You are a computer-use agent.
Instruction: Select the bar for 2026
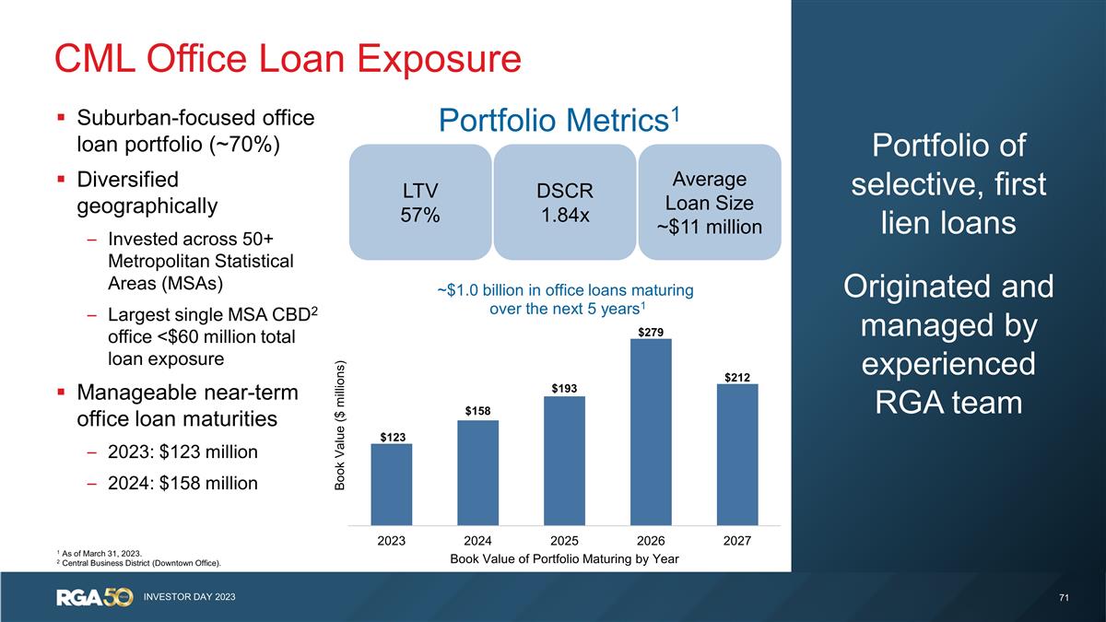651,432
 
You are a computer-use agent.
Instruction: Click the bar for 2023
391,485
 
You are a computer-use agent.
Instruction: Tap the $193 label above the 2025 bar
564,389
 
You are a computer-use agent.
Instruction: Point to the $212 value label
736,376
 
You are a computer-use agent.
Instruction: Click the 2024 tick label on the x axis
477,541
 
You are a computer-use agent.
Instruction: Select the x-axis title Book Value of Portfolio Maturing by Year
563,557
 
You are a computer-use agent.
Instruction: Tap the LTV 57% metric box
419,202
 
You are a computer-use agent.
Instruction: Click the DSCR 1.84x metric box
564,202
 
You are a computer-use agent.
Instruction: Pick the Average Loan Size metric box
709,202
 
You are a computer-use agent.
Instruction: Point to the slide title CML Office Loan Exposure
288,59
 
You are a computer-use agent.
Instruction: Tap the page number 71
1064,598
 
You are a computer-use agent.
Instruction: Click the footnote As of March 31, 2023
101,551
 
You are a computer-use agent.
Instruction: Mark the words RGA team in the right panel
948,403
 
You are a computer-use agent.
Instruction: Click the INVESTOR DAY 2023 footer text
189,598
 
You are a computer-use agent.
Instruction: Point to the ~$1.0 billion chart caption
565,299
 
